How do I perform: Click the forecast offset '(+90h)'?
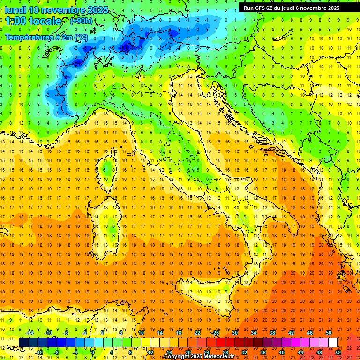point(81,21)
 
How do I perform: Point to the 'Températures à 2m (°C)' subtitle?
point(46,37)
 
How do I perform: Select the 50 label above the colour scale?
point(329,333)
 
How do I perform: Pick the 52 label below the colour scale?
point(338,352)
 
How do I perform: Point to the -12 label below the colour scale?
point(39,352)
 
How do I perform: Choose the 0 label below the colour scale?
point(93,352)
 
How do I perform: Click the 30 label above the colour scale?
point(234,333)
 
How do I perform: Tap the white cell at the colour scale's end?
point(333,342)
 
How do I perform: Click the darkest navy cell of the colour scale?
point(23,342)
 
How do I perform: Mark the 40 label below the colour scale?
point(282,352)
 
